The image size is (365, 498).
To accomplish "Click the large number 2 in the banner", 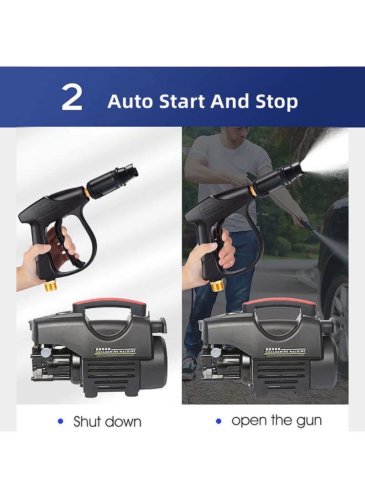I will (72, 98).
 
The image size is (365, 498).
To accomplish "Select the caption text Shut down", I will (107, 421).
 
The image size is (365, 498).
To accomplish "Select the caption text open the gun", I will (276, 420).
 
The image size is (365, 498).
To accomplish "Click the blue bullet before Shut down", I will (60, 421).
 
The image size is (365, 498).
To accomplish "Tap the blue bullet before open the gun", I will (219, 421).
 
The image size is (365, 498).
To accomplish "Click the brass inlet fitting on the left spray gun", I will (51, 287).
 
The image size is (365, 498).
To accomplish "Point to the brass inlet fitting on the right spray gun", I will (217, 285).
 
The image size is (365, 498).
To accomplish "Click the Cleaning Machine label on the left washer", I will (115, 352).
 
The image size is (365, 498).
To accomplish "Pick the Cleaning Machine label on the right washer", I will (285, 352).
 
